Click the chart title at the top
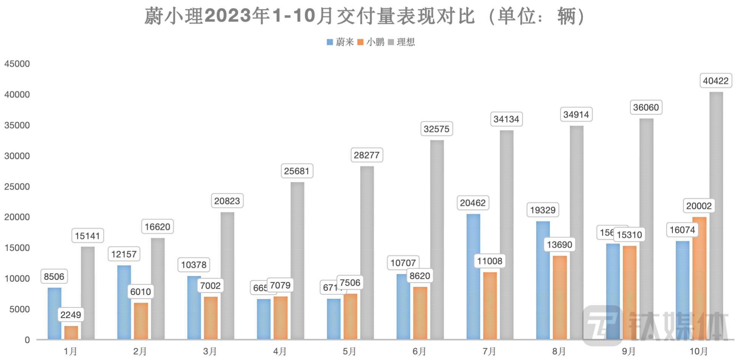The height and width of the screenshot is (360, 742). click(x=365, y=16)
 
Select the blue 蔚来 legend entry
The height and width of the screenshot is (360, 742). click(x=340, y=42)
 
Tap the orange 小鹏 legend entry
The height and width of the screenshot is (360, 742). click(x=371, y=42)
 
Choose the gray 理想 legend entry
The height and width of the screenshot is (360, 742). click(x=402, y=42)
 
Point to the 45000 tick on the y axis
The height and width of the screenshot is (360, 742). click(x=17, y=64)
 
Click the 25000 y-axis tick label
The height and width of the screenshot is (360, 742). click(x=17, y=187)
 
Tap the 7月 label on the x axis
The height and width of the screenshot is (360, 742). click(x=489, y=351)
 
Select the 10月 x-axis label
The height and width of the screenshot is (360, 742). click(x=699, y=351)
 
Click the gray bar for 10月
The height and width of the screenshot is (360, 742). click(x=716, y=216)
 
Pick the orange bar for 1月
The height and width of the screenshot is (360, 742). click(x=71, y=332)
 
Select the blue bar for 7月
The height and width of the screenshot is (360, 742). click(x=473, y=276)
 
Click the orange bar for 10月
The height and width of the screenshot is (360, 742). click(x=699, y=278)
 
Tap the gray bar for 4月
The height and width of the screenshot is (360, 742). click(x=297, y=261)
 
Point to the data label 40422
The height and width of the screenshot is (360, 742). click(x=716, y=81)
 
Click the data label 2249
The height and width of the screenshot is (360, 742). click(x=71, y=315)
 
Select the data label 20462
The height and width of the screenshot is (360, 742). click(x=473, y=203)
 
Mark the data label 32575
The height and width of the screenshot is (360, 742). click(x=436, y=129)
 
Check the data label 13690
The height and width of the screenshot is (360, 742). click(x=559, y=245)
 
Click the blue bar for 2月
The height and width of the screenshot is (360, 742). click(x=124, y=302)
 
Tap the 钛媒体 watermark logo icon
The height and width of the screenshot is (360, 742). click(x=602, y=326)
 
